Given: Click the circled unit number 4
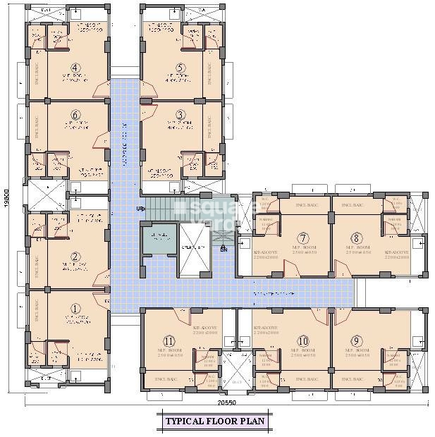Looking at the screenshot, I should [74, 68].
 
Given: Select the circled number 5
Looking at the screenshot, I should [180, 68].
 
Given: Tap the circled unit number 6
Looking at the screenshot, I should [74, 115].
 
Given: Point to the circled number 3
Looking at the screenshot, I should [180, 115].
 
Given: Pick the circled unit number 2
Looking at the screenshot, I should [74, 257].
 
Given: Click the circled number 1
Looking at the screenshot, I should [74, 307].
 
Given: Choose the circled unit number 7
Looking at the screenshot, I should [303, 238].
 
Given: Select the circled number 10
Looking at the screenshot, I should [303, 340].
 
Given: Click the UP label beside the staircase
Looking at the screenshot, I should [140, 209].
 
